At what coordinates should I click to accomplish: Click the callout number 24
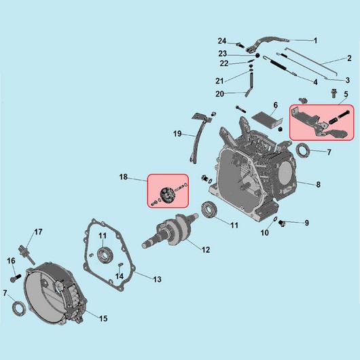click(x=222, y=41)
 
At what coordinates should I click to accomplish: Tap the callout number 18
click(x=124, y=177)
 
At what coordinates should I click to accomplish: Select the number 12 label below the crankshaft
click(x=206, y=250)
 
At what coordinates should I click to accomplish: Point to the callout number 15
click(x=103, y=319)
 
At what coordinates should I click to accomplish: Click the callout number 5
click(x=346, y=94)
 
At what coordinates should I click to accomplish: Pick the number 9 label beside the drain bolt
click(x=307, y=223)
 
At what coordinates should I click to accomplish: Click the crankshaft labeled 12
click(x=170, y=231)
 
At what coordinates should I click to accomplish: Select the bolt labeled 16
click(x=16, y=278)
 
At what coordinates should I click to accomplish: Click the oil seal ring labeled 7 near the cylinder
click(x=303, y=150)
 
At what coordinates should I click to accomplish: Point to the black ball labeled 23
click(x=257, y=56)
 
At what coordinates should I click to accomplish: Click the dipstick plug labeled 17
click(x=26, y=255)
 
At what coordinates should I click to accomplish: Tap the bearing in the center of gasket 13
click(x=105, y=255)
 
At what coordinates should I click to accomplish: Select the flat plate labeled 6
click(x=267, y=119)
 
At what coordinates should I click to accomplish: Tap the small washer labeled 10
click(x=274, y=219)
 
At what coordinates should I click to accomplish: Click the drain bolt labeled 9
click(x=281, y=223)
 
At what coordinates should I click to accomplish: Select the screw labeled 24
click(x=240, y=45)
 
